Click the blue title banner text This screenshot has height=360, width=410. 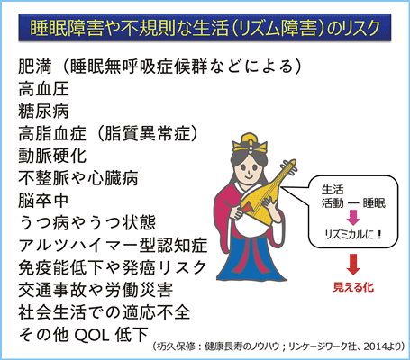[205, 28]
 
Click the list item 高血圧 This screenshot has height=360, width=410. [44, 89]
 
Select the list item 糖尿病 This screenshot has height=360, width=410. [44, 111]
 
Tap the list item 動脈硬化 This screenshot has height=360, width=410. [52, 156]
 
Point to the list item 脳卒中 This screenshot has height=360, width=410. [44, 201]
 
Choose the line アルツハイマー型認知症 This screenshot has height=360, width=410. [113, 245]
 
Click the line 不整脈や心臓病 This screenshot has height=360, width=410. [78, 178]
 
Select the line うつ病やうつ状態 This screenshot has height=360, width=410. [87, 222]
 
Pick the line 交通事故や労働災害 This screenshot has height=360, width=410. [96, 290]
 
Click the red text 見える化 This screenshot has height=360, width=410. [353, 287]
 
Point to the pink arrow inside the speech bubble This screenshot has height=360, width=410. [353, 217]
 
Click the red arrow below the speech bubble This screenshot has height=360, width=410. [353, 264]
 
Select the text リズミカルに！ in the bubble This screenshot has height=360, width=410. [353, 234]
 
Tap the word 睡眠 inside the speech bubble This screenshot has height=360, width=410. [374, 203]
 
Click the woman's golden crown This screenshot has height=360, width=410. [250, 142]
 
